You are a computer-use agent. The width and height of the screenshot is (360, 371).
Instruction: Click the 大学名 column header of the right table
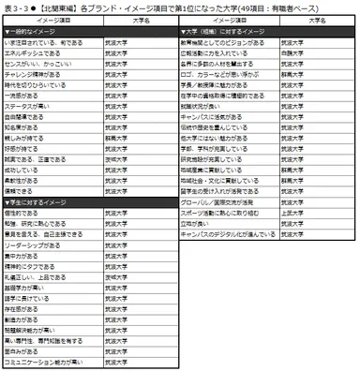(x=316, y=19)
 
